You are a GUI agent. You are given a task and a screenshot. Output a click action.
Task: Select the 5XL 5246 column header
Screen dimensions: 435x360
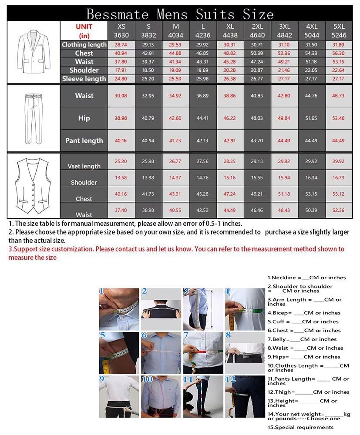339,30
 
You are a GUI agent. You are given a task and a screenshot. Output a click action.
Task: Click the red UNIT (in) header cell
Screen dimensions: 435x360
84,30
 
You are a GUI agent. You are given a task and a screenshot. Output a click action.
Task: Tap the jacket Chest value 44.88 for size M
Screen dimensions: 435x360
176,53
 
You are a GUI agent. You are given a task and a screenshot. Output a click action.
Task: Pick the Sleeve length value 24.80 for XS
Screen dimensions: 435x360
121,79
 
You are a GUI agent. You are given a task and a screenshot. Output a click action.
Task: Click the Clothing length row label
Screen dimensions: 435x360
84,44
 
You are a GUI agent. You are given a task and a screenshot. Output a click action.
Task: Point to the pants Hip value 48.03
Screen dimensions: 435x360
257,118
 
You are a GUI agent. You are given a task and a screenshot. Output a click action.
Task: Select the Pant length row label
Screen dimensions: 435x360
84,141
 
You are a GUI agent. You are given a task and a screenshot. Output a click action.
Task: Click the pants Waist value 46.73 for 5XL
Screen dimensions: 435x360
339,95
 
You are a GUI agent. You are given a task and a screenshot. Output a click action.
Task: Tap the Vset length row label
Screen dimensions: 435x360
84,166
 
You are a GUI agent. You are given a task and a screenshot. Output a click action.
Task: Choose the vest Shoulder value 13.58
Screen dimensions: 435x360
121,177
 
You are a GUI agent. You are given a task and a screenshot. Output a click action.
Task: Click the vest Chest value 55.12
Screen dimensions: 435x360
339,194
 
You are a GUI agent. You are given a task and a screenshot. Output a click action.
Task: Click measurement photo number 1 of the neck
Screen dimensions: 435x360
118,306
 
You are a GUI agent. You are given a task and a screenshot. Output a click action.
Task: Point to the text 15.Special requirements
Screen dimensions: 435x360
301,427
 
